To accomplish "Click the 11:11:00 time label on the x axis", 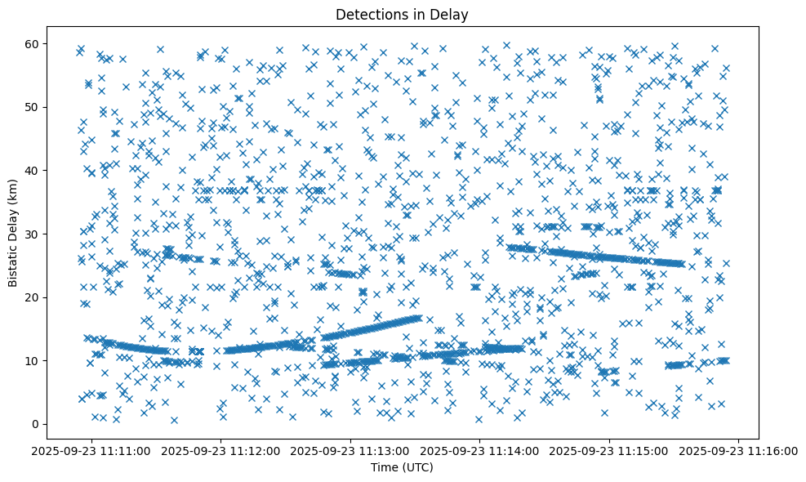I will point(92,451).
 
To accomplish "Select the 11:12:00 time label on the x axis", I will point(221,451).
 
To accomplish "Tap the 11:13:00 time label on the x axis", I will point(351,451).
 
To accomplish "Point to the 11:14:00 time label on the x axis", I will point(480,451).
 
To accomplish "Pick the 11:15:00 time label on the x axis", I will point(610,451).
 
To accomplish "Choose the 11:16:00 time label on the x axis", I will point(739,451).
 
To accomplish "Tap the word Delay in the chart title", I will point(452,14).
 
